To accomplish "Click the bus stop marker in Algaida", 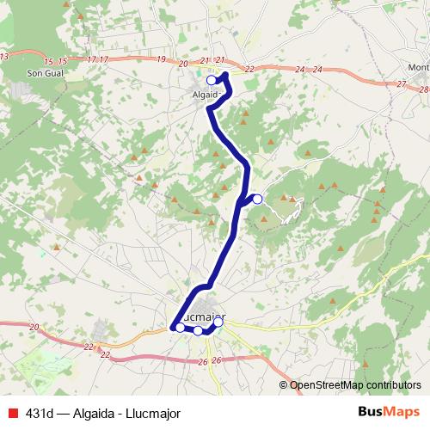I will (212, 80).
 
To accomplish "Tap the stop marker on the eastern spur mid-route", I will (257, 200).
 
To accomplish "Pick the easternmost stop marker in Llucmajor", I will (218, 322).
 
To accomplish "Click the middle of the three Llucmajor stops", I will (198, 330).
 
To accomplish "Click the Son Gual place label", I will (43, 75).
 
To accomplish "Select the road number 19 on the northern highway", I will (162, 59).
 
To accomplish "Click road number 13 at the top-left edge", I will (4, 56).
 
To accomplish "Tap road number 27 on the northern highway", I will (402, 83).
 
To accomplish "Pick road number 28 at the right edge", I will (423, 89).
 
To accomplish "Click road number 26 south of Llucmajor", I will (216, 359).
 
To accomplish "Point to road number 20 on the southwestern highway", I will (34, 327).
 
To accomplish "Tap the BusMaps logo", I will (389, 411).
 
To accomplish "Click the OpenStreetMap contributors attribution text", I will (354, 384).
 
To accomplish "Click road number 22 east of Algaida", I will (249, 69).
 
